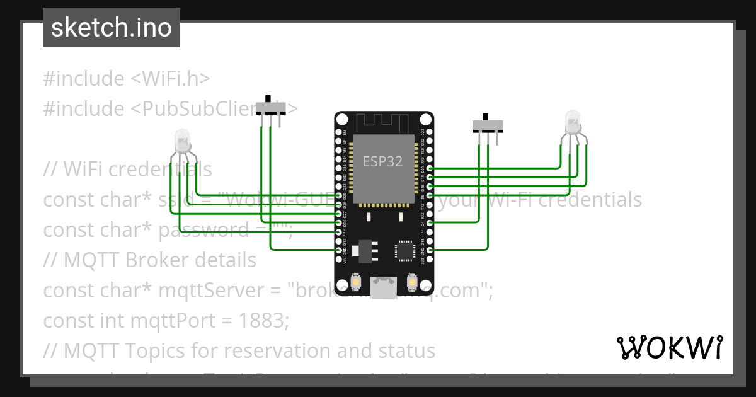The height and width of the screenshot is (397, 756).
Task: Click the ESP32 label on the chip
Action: (382, 161)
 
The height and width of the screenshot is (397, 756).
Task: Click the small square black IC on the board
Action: (405, 251)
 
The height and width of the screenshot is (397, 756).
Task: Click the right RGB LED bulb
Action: (572, 122)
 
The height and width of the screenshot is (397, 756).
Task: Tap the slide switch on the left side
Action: (270, 108)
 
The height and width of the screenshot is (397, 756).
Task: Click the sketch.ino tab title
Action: (112, 28)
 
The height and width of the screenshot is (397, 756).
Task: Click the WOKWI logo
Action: (669, 347)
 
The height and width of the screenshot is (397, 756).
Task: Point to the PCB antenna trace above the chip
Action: (383, 122)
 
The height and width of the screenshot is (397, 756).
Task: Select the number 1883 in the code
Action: (263, 320)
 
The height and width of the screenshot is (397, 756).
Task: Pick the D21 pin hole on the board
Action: (430, 168)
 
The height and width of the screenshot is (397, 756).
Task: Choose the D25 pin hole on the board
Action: (339, 196)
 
